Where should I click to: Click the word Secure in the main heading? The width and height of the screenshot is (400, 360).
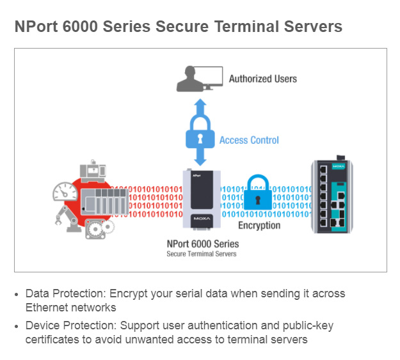point(182,26)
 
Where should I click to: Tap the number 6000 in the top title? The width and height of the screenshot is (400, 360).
point(80,26)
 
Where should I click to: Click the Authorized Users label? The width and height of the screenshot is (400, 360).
point(263,79)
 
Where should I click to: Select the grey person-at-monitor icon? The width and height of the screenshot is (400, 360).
point(200,79)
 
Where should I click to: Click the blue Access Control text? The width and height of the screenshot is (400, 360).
point(249,140)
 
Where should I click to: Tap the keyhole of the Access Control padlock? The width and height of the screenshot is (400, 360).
point(200,139)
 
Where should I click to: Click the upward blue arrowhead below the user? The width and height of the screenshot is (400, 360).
point(200,104)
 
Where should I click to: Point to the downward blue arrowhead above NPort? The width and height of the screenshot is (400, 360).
point(200,161)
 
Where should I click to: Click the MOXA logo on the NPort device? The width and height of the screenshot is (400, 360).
point(202,219)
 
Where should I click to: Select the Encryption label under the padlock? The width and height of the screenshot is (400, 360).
point(259,225)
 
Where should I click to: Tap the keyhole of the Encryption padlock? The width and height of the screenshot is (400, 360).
point(258,200)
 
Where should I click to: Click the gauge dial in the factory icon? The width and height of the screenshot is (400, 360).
point(65,191)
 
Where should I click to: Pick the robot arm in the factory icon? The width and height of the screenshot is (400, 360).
point(65,219)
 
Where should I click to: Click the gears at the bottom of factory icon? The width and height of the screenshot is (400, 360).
point(100,229)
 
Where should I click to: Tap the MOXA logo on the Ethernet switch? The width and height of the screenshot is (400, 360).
point(339,166)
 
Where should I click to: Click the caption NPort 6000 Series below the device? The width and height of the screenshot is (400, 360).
point(203,244)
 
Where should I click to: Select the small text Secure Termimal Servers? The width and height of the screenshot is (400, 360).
point(202,254)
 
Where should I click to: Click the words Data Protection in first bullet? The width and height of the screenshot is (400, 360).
point(65,293)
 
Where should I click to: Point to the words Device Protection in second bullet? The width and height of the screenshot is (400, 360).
point(71,325)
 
